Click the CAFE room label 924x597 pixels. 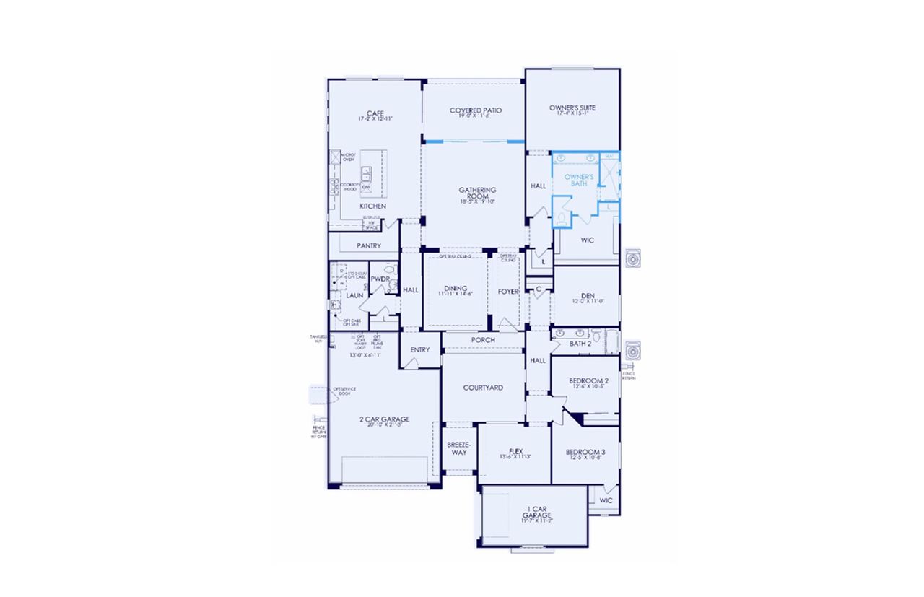pos(375,113)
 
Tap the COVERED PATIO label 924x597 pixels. pos(475,110)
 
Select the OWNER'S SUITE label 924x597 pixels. pos(572,108)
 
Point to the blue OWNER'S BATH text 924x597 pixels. pos(579,180)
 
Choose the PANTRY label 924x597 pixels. pos(368,245)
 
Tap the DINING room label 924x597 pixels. pos(456,289)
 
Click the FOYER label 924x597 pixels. pos(508,292)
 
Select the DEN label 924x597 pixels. pos(586,295)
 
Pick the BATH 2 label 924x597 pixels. pos(580,344)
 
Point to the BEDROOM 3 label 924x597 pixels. pos(586,452)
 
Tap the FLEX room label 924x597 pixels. pos(515,452)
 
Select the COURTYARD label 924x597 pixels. pos(483,388)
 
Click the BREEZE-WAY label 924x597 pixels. pos(459,448)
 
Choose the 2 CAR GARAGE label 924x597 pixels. pos(385,419)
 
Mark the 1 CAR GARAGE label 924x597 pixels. pos(537,512)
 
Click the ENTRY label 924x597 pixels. pos(420,349)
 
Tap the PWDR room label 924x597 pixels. pos(380,278)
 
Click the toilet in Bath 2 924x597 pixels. pos(597,334)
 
